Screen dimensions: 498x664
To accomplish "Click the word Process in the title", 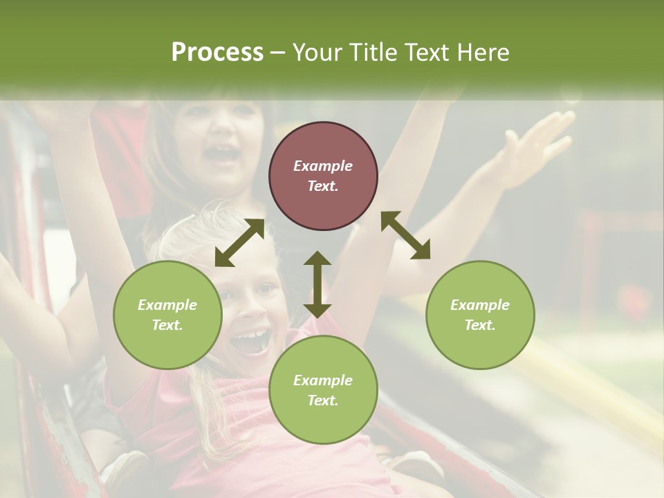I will (217, 53).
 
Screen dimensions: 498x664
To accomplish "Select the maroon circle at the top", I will (323, 176).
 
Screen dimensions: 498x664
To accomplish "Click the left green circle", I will (167, 315).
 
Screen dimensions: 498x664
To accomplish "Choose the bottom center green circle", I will (323, 390).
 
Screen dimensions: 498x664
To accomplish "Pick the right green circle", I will (480, 315).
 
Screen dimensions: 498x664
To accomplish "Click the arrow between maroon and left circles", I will (239, 243).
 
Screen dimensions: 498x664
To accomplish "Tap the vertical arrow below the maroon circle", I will (317, 284).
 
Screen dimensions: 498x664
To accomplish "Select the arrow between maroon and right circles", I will (405, 235).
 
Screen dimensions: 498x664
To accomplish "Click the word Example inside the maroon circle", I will (323, 166).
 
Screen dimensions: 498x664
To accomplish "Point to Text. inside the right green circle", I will (480, 325).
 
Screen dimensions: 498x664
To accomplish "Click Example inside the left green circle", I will (167, 305).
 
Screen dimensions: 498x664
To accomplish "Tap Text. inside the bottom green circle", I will (323, 400).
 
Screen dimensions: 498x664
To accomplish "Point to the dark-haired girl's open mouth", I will (223, 155).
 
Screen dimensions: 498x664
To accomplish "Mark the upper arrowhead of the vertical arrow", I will (317, 259).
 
